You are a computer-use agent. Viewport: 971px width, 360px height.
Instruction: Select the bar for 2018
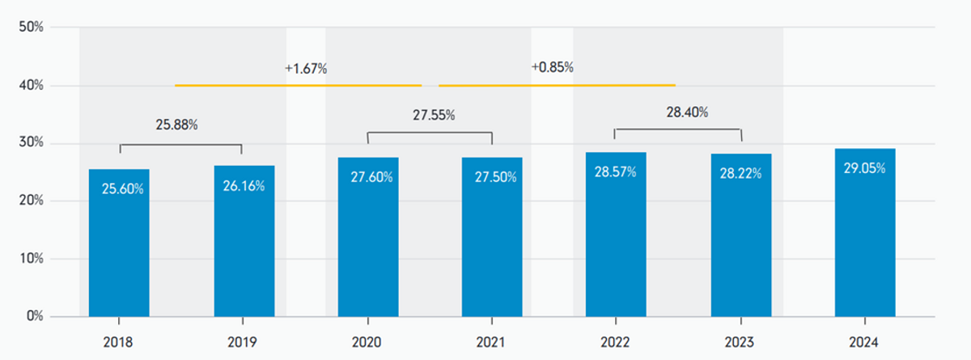[x=119, y=243]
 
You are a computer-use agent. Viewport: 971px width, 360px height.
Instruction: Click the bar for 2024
[x=865, y=233]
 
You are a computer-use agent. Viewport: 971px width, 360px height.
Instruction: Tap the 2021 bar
[x=492, y=237]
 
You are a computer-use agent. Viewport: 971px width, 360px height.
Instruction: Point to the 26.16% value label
[x=244, y=186]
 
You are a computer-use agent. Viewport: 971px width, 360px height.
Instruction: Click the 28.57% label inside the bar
[x=615, y=172]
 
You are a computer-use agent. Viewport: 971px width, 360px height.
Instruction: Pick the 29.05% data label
[x=864, y=168]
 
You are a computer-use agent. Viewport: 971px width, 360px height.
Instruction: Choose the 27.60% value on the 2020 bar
[x=371, y=177]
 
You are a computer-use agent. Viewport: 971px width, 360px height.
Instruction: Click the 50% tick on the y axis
[x=32, y=27]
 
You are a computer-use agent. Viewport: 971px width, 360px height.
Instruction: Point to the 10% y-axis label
[x=32, y=259]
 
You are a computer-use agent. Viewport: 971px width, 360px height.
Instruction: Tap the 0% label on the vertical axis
[x=35, y=316]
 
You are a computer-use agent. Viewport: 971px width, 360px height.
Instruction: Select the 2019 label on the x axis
[x=242, y=342]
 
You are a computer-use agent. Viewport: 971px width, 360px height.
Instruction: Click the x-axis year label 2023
[x=740, y=342]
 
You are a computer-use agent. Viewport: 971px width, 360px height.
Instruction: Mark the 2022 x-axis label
[x=615, y=342]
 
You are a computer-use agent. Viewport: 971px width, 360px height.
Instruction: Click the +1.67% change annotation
[x=306, y=69]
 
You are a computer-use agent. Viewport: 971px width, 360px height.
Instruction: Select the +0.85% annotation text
[x=552, y=67]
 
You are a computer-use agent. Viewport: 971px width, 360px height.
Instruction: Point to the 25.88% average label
[x=177, y=125]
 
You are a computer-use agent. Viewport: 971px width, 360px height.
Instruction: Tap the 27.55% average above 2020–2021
[x=434, y=115]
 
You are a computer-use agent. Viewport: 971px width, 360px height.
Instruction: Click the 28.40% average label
[x=687, y=112]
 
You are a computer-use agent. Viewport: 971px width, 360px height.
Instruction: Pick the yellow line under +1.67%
[x=299, y=85]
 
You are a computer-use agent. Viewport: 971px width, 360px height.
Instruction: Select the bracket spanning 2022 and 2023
[x=678, y=129]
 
